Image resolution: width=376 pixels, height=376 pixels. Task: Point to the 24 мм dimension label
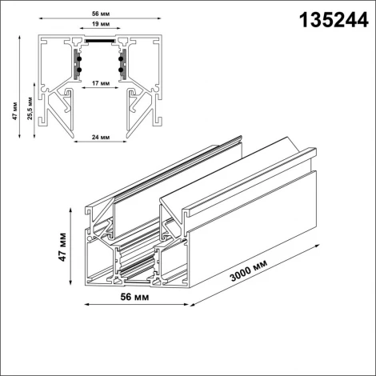pyautogui.click(x=100, y=138)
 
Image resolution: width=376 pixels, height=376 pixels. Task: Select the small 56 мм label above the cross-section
pyautogui.click(x=100, y=14)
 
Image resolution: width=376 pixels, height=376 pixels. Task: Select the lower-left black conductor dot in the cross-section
pyautogui.click(x=78, y=70)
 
